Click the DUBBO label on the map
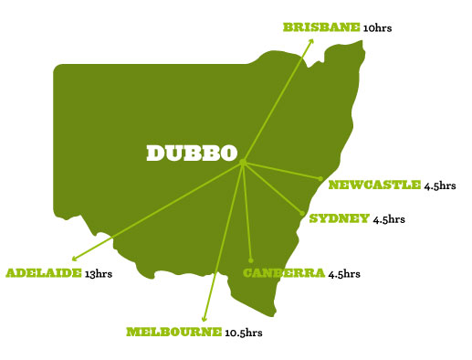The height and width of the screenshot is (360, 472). coord(192,153)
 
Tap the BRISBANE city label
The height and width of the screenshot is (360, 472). coord(321,27)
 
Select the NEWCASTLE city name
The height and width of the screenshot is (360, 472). coord(374,185)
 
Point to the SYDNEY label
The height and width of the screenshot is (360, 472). coord(340,218)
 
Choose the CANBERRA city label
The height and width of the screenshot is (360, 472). coord(283,272)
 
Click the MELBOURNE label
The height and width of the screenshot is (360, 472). coord(173,331)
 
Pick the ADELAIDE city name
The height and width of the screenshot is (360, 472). coord(44,272)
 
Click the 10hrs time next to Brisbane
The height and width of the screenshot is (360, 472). coord(379,28)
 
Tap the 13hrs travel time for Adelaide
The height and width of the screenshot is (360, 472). coord(98,273)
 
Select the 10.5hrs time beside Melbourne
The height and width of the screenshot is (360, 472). coord(246,332)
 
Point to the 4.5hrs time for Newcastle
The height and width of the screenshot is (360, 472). coord(440,186)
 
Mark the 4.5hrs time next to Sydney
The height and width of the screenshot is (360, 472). coord(389,219)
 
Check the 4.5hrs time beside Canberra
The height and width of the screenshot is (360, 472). coord(344,273)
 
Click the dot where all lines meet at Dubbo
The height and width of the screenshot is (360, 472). coord(244,163)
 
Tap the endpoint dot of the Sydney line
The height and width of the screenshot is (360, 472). coord(302,215)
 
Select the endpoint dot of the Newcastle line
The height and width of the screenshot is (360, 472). coord(320,178)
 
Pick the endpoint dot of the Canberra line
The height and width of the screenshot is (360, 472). coord(251,260)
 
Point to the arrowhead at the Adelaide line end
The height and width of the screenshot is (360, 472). coord(74,259)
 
